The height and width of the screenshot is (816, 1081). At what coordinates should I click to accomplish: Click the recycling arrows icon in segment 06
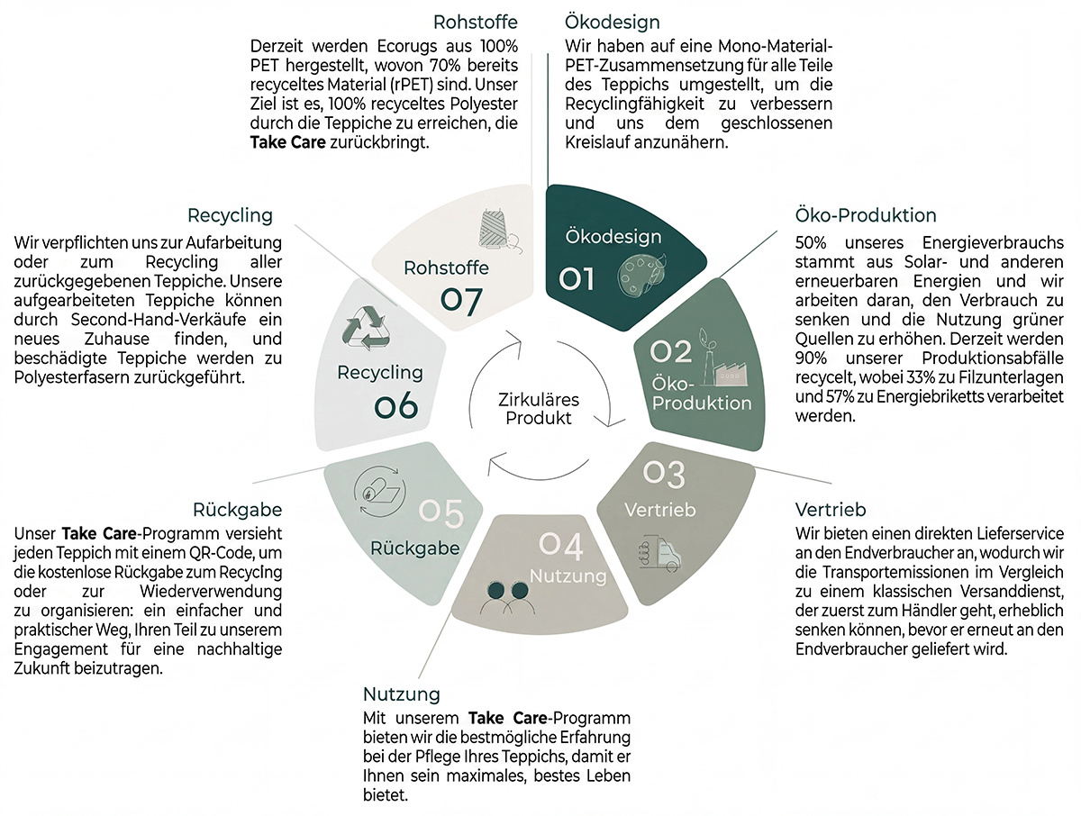[x=366, y=328]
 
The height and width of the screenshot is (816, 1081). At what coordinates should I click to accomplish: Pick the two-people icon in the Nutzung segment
[x=507, y=598]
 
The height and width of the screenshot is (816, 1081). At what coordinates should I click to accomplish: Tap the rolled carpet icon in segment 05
[x=380, y=491]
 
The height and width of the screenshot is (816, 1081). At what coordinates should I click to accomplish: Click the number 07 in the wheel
[x=461, y=300]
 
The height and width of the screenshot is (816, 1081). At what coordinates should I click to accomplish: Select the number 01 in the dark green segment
[x=577, y=279]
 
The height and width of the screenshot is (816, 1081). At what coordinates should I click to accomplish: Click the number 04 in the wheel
[x=561, y=547]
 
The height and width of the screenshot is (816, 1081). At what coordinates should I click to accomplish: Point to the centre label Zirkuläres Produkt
[x=539, y=409]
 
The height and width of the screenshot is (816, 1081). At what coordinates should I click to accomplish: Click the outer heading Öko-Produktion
[x=866, y=215]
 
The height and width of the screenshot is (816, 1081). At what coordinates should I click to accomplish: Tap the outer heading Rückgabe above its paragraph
[x=238, y=510]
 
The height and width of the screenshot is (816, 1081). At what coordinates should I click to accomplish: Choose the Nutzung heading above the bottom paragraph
[x=402, y=694]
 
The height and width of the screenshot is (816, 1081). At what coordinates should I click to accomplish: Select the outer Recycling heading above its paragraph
[x=230, y=215]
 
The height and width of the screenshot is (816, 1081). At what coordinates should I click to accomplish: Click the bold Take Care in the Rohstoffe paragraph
[x=288, y=142]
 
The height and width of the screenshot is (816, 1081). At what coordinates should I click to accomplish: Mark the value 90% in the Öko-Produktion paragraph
[x=811, y=358]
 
